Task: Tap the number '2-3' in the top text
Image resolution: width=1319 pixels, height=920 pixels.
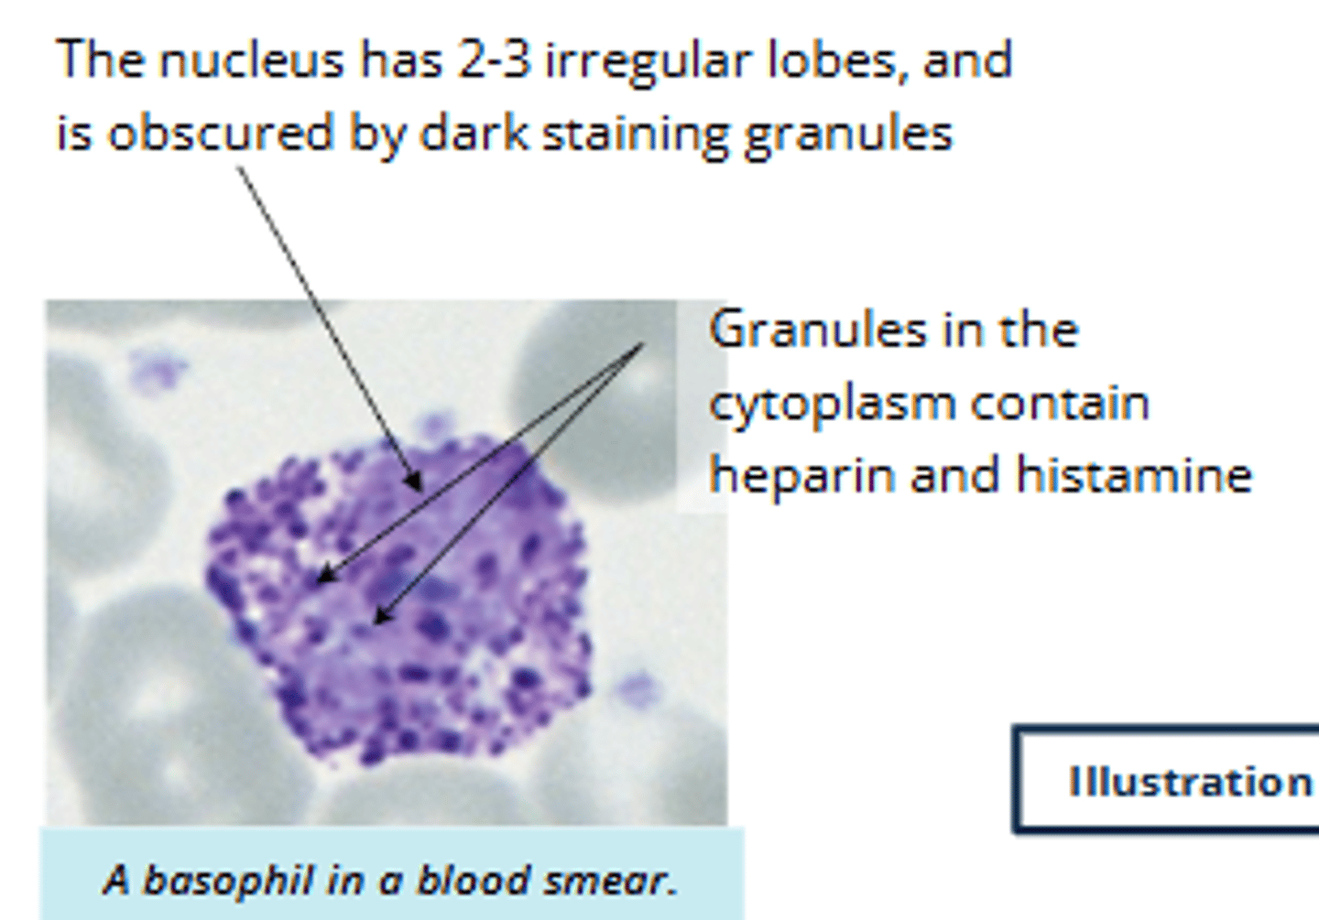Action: click(x=494, y=60)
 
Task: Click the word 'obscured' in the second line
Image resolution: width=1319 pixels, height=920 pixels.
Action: click(x=220, y=134)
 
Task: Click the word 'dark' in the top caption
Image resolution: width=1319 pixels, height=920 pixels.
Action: click(x=474, y=134)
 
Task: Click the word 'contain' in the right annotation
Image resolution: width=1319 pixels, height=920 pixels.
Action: click(x=1061, y=404)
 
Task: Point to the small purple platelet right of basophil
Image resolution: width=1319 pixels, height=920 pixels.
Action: click(x=637, y=688)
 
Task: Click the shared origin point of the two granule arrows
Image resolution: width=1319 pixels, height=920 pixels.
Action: click(x=643, y=345)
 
